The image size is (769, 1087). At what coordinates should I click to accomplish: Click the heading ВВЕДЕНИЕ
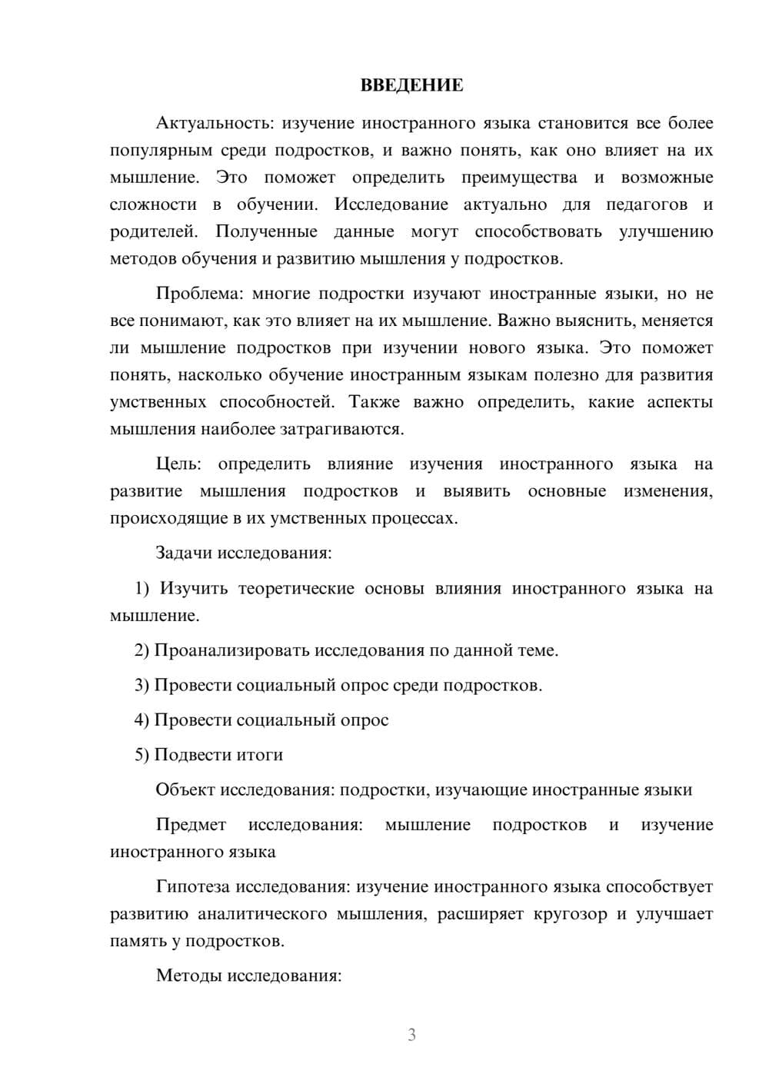coord(411,85)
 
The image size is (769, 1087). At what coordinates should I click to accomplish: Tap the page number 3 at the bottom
coord(411,1035)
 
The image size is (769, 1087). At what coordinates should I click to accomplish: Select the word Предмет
coord(191,825)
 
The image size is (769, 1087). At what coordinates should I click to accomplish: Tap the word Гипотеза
coord(192,886)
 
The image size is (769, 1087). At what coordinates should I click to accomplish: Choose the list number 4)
coord(142,720)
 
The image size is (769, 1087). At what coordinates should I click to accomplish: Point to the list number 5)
coord(142,755)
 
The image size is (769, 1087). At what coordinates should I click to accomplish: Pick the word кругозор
coord(570,914)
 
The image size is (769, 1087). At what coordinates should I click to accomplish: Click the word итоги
coord(261,755)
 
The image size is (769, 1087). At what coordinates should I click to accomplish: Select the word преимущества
coord(519,178)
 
